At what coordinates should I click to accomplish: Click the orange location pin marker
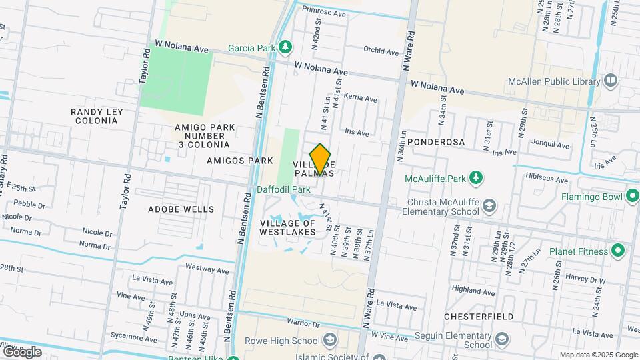coord(321,159)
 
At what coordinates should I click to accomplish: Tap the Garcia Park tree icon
coord(285,47)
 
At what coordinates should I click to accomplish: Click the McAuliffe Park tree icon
coord(475,178)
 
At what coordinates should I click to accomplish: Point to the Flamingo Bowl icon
coord(632,197)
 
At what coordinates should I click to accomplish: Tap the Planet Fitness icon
coord(618,251)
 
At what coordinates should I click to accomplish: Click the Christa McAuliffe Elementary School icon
coord(490,206)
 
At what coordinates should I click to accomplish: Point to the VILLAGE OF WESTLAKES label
coord(293,227)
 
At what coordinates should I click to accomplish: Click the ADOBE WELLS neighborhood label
coord(181,209)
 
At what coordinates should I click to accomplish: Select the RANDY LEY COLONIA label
coord(95,116)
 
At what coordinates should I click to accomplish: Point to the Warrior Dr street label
coord(301,324)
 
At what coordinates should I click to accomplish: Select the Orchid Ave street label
coord(381,49)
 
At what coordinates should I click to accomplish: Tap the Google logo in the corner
coord(23,351)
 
